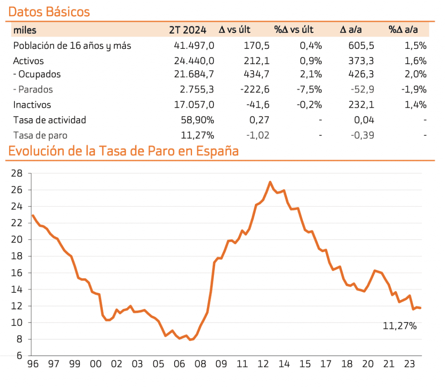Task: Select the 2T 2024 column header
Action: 188,30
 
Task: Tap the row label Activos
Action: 28,61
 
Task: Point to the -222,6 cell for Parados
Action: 255,89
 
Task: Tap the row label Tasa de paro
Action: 40,135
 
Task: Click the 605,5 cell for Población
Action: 361,45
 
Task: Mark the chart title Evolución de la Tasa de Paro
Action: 123,151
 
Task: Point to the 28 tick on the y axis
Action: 17,173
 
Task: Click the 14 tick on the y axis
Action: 17,289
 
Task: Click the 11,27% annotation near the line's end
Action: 400,325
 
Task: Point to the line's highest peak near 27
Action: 270,182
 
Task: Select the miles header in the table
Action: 25,30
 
